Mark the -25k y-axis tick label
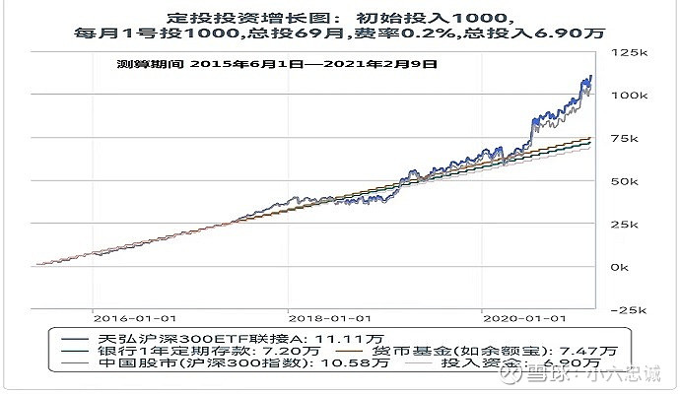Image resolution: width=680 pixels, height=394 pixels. click(x=627, y=309)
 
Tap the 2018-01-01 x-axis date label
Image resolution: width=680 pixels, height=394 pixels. click(x=330, y=318)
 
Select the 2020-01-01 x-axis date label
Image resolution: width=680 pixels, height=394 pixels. click(x=524, y=318)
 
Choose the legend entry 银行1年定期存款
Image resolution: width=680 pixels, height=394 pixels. click(x=163, y=350)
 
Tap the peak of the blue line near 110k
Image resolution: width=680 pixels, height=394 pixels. click(x=590, y=76)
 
